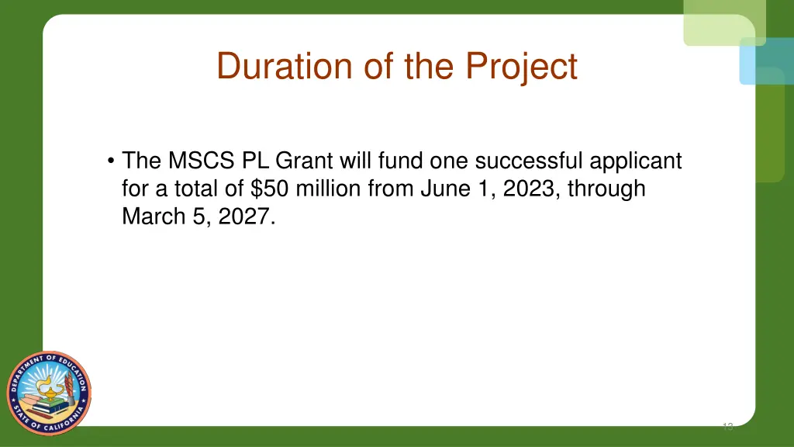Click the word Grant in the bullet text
pyautogui.click(x=305, y=161)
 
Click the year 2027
pyautogui.click(x=246, y=217)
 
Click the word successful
pyautogui.click(x=529, y=161)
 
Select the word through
pyautogui.click(x=607, y=189)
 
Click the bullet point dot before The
pyautogui.click(x=112, y=162)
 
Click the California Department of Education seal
pyautogui.click(x=49, y=393)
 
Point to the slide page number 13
pyautogui.click(x=727, y=426)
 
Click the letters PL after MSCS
pyautogui.click(x=254, y=161)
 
